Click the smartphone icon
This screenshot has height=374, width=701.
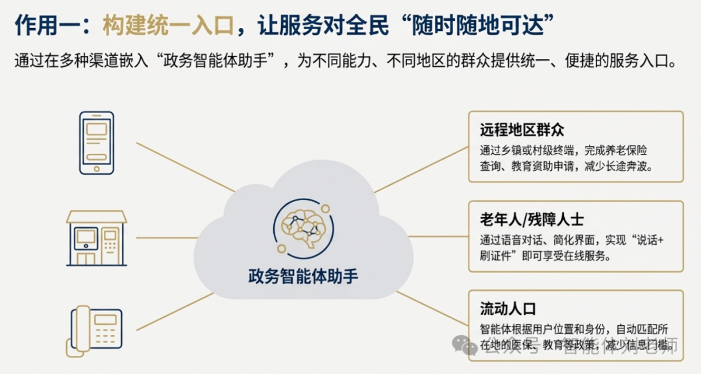[x=96, y=143]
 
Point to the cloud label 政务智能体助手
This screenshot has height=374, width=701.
[x=302, y=276]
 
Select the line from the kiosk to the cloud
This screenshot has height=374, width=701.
[x=162, y=238]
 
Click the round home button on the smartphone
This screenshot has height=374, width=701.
[x=96, y=168]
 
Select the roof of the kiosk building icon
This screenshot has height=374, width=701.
[x=96, y=216]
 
